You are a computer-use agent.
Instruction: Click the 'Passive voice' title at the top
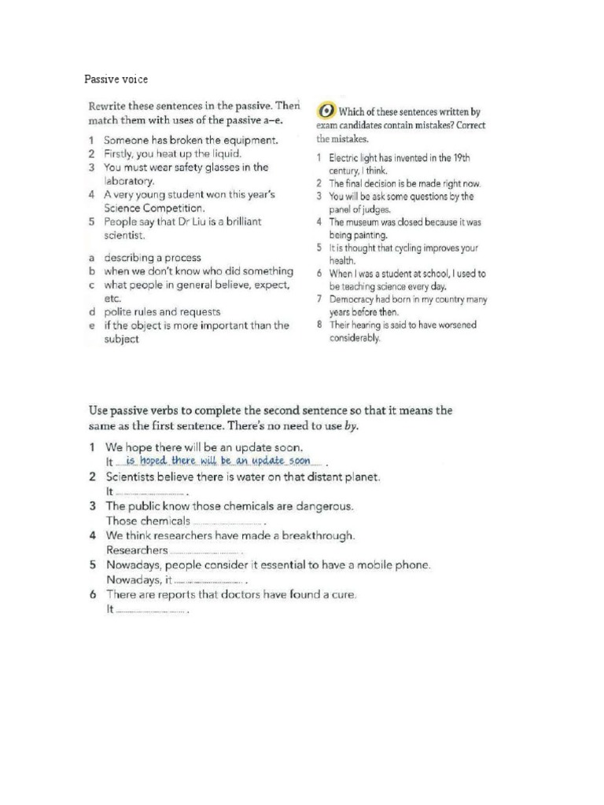click(x=116, y=79)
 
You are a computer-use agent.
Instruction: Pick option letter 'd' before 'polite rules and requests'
click(x=92, y=311)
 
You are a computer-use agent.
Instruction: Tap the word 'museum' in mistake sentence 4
click(x=364, y=222)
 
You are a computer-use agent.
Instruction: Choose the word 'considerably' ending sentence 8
click(x=355, y=338)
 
